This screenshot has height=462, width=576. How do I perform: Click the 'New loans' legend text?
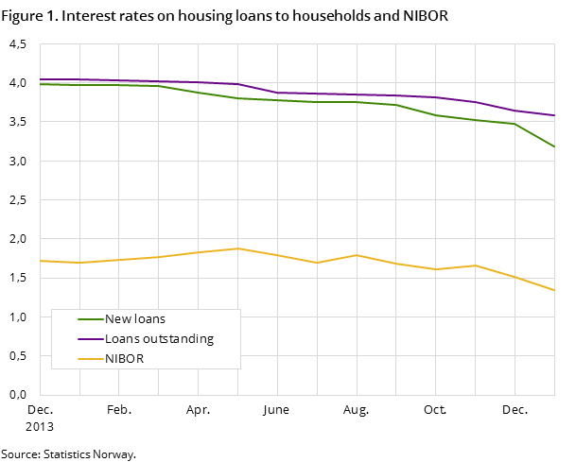(135, 319)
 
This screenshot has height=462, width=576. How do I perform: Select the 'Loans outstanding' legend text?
(159, 339)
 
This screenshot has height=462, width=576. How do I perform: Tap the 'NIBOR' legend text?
(124, 359)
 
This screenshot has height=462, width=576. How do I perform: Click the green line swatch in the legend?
(91, 319)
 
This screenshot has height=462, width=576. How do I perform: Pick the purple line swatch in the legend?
(91, 339)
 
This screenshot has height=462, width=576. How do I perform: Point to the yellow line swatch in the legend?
(91, 359)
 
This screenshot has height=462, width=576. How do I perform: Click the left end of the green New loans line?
(40, 84)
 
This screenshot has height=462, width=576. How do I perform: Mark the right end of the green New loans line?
(554, 146)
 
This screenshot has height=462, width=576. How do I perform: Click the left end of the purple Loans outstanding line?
(40, 79)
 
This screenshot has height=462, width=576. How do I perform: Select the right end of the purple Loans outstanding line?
(554, 115)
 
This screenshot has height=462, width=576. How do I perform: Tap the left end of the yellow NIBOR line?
(40, 260)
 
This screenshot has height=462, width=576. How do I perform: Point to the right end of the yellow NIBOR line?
(554, 290)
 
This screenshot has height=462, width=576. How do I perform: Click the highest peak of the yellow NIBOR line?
(237, 248)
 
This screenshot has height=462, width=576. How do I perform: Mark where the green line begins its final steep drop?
(515, 124)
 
